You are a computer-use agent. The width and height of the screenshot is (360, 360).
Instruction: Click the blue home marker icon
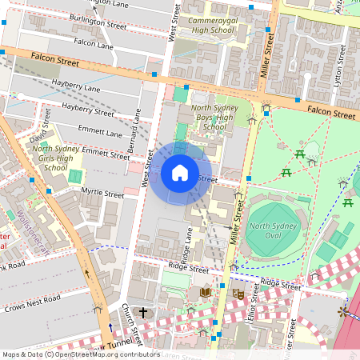[x=180, y=173]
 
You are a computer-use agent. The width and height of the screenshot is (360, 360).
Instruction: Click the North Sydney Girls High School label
[x=54, y=158]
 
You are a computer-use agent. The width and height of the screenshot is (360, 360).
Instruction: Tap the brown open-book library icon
[x=205, y=293]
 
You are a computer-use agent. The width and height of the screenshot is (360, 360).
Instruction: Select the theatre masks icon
[x=237, y=294]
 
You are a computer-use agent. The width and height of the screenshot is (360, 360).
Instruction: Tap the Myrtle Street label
[x=102, y=193]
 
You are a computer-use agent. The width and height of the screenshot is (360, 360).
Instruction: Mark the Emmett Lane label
[x=100, y=131]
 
